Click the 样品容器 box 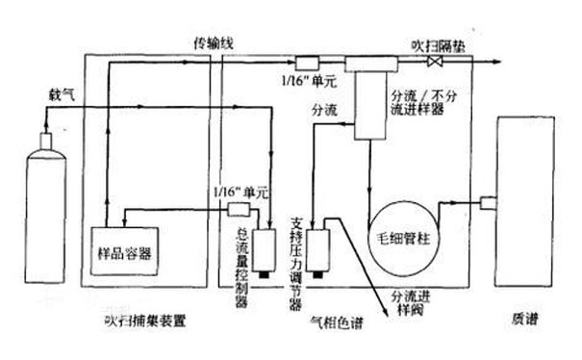pos(123,253)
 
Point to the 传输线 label pos(215,43)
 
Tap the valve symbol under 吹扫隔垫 pos(435,62)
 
